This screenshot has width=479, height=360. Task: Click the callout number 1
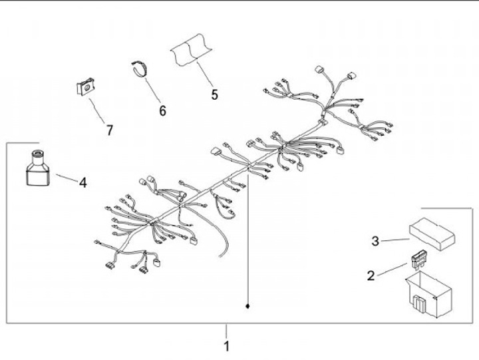[x=226, y=346]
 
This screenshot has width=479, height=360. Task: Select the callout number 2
[x=371, y=275]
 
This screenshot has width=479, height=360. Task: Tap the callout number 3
[x=375, y=241]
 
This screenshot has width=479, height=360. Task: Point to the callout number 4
[x=82, y=182]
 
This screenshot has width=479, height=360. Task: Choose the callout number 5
[x=215, y=94]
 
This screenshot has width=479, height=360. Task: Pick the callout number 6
[x=162, y=110]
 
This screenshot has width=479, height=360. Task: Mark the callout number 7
[x=110, y=130]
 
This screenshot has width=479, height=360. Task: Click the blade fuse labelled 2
[x=418, y=260]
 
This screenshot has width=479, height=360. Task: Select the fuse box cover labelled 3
[x=432, y=234]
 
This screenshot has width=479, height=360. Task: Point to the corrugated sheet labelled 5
[x=191, y=49]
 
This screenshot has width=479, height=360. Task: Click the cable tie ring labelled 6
[x=138, y=70]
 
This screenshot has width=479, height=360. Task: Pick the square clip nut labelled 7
[x=85, y=87]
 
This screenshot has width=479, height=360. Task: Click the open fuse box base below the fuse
[x=428, y=294]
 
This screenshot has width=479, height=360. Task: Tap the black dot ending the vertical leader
[x=247, y=306]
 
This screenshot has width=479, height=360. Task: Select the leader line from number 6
[x=152, y=90]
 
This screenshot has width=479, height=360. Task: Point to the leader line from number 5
[x=204, y=75]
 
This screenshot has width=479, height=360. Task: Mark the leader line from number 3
[x=395, y=240]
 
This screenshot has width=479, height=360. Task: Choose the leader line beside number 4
[x=67, y=178]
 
